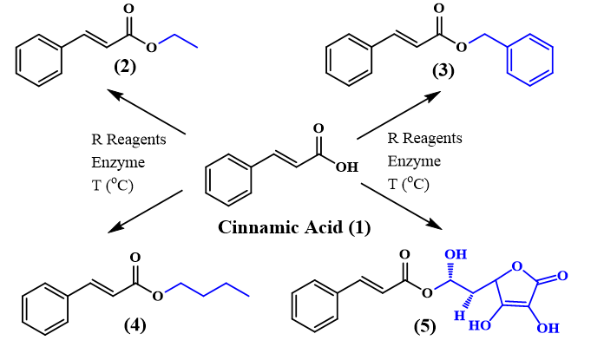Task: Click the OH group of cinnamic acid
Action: pos(346,166)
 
